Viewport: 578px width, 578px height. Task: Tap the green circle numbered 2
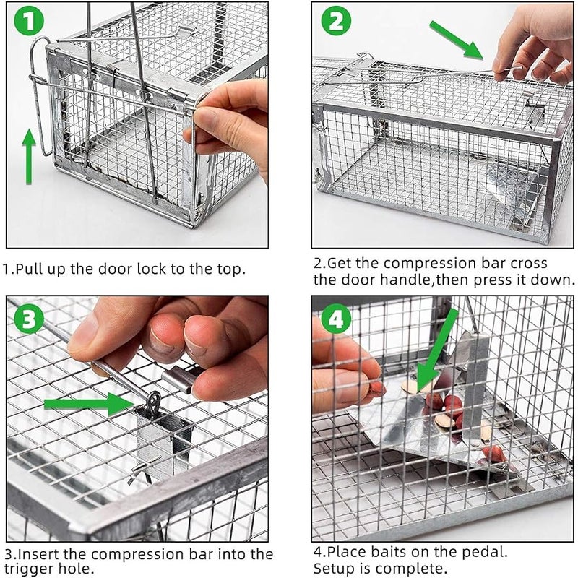335,22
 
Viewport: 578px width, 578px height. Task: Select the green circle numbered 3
28,319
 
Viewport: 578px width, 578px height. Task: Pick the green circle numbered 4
337,319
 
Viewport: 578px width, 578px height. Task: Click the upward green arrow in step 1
28,155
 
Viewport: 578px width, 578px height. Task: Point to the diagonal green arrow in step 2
455,40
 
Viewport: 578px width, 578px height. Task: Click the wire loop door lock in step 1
40,94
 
